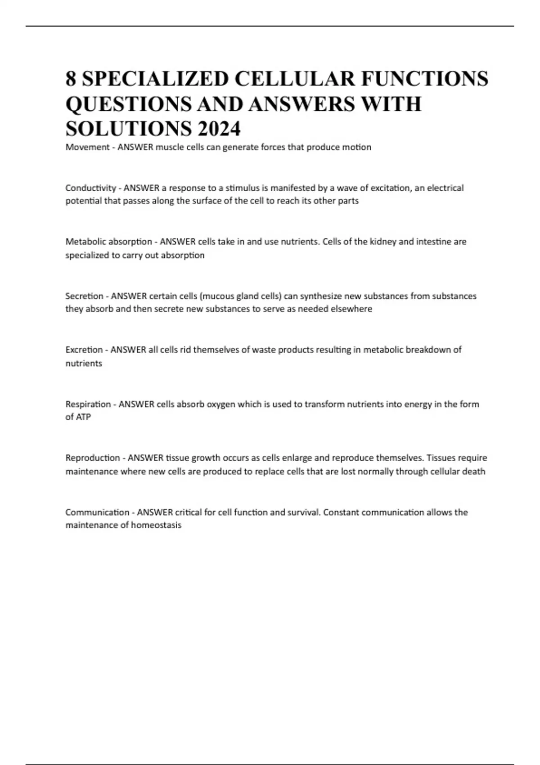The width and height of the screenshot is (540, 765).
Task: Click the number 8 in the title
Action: tap(71, 79)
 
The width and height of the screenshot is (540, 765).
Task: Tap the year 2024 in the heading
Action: tap(218, 129)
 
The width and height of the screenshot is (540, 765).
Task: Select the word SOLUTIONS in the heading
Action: tap(126, 129)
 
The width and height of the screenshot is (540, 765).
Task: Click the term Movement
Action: tap(87, 147)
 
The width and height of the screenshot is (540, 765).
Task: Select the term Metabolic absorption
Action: tap(108, 242)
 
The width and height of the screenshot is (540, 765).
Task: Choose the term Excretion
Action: tap(84, 350)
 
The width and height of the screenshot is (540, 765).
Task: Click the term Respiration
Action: tap(88, 404)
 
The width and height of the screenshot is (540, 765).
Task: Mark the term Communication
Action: tap(97, 512)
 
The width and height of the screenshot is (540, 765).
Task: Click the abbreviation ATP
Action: tap(83, 417)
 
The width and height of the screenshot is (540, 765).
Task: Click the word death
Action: tap(474, 472)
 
